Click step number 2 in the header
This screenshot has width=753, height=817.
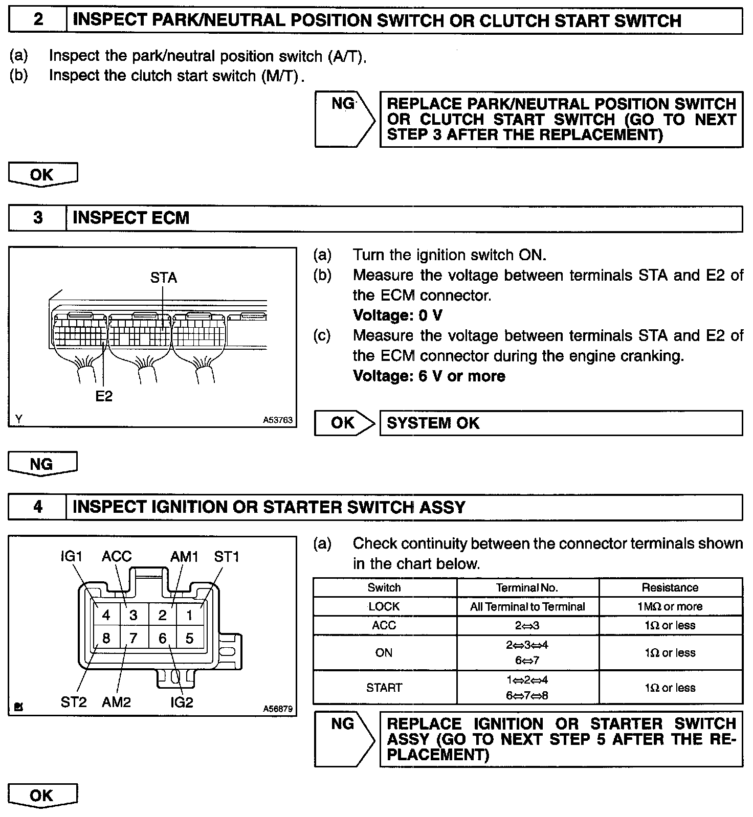coord(38,20)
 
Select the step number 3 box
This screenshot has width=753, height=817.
coord(38,218)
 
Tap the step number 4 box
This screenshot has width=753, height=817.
coord(38,507)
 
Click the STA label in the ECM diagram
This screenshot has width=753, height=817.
coord(163,278)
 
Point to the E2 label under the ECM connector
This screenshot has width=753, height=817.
coord(104,396)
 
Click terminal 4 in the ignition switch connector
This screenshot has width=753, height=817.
coord(106,615)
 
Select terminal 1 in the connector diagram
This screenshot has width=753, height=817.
coord(190,615)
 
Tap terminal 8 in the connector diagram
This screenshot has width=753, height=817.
coord(106,638)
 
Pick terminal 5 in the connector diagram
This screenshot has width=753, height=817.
coord(190,638)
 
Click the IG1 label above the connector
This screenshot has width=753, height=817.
coord(72,556)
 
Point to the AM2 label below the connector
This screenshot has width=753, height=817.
coord(116,702)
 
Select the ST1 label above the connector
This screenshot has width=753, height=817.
coord(227,556)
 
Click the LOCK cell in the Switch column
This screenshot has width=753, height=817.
coord(384,606)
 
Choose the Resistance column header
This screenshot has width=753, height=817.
coord(670,587)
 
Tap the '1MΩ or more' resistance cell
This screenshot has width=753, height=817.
coord(670,606)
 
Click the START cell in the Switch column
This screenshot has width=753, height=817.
coord(384,688)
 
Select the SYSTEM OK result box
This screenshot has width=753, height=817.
coord(561,423)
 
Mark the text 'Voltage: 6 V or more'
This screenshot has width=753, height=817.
coord(429,376)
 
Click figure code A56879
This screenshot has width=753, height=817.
coord(278,709)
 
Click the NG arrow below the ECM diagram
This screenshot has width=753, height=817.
coord(42,464)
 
